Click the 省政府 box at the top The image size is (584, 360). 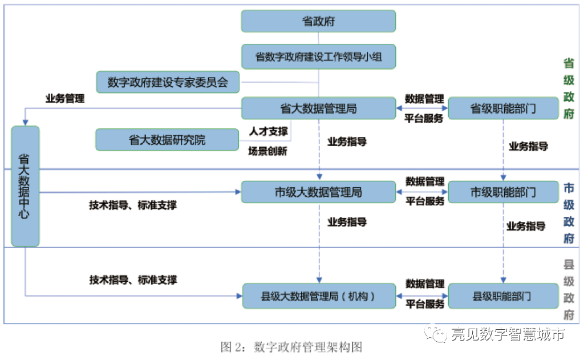pos(318,21)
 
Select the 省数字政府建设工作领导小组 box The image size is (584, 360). pos(318,56)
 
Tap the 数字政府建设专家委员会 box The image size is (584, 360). pos(168,82)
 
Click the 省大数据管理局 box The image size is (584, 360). pos(318,108)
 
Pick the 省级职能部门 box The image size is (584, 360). pos(503,108)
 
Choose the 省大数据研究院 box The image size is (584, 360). pos(167,140)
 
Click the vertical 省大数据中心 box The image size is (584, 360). pos(25,186)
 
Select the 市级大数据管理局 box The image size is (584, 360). pos(318,192)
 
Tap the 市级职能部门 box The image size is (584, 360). pos(503,192)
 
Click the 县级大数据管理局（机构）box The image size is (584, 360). pos(319,296)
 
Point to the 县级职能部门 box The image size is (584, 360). pos(503,296)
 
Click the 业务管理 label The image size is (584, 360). pos(65,98)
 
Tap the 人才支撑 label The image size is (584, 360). pos(269,131)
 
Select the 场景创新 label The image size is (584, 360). pos(268,151)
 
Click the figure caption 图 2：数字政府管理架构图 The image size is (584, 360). pos(291,347)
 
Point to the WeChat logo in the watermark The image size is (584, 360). pos(436,333)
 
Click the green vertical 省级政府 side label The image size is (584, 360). pos(569,88)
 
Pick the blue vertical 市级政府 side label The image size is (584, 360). pos(569,213)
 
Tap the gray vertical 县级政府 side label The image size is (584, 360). pos(569,290)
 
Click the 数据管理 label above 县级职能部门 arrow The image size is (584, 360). pos(425,284)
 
